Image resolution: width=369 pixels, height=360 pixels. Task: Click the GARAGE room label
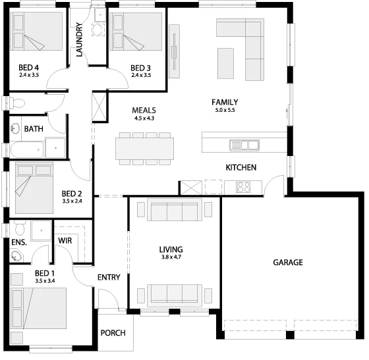[x=288, y=263]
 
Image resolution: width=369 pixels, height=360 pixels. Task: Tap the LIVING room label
[x=171, y=249]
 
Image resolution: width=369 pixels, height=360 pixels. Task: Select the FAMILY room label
[x=224, y=102]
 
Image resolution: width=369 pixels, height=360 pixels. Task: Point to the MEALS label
[x=144, y=110]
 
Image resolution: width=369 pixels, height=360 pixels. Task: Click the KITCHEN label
[x=241, y=168]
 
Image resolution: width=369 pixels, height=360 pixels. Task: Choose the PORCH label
[x=113, y=333]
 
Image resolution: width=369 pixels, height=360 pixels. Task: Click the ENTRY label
[x=109, y=277]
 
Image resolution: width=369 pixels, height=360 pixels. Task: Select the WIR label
[x=65, y=241]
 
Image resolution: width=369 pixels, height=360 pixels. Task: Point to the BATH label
[x=34, y=129]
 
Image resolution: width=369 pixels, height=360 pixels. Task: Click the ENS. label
[x=18, y=242]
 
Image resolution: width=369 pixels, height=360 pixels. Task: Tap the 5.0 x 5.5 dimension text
[x=224, y=111]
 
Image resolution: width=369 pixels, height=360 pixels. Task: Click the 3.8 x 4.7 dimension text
[x=171, y=257]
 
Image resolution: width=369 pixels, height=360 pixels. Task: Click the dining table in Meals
[x=145, y=147]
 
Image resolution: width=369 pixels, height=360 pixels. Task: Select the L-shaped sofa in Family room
[x=252, y=46]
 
